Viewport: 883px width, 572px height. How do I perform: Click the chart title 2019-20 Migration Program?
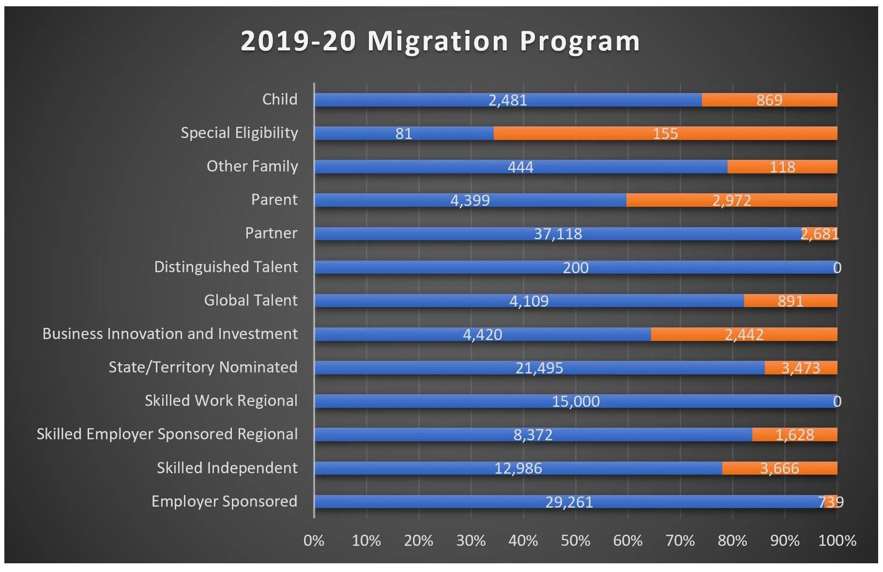click(440, 41)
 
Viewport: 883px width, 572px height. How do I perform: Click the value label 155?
click(665, 133)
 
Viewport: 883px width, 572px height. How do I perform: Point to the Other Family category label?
click(252, 166)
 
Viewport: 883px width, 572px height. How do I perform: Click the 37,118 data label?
click(558, 234)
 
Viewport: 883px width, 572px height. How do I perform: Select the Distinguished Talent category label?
click(226, 267)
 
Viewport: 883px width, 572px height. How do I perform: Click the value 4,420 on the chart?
click(482, 334)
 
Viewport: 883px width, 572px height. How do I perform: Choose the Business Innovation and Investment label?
click(170, 334)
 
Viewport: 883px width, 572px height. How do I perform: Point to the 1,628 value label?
click(794, 434)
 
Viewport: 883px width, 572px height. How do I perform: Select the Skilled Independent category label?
click(227, 468)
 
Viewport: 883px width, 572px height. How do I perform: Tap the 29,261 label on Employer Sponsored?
click(569, 502)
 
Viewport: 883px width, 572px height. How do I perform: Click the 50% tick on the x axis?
click(575, 541)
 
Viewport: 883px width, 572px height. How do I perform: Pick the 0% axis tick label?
click(314, 541)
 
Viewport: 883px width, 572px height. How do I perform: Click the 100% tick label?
click(837, 541)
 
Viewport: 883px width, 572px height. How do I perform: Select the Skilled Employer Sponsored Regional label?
click(167, 434)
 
